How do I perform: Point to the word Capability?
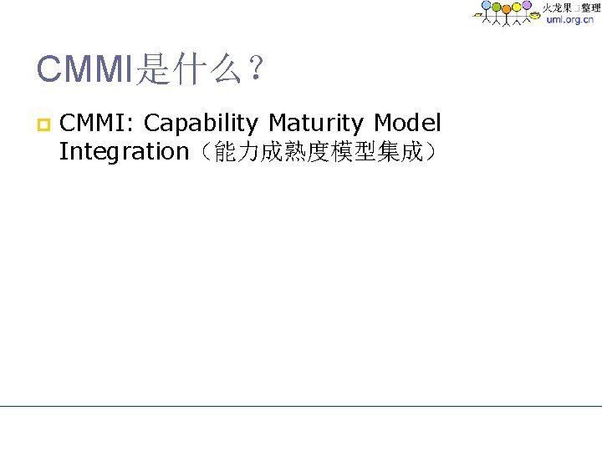202,124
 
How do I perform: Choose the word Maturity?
317,124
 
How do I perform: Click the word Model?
407,124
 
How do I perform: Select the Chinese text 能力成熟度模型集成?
318,153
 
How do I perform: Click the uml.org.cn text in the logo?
569,20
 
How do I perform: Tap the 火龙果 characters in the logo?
557,8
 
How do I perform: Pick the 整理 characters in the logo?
589,8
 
